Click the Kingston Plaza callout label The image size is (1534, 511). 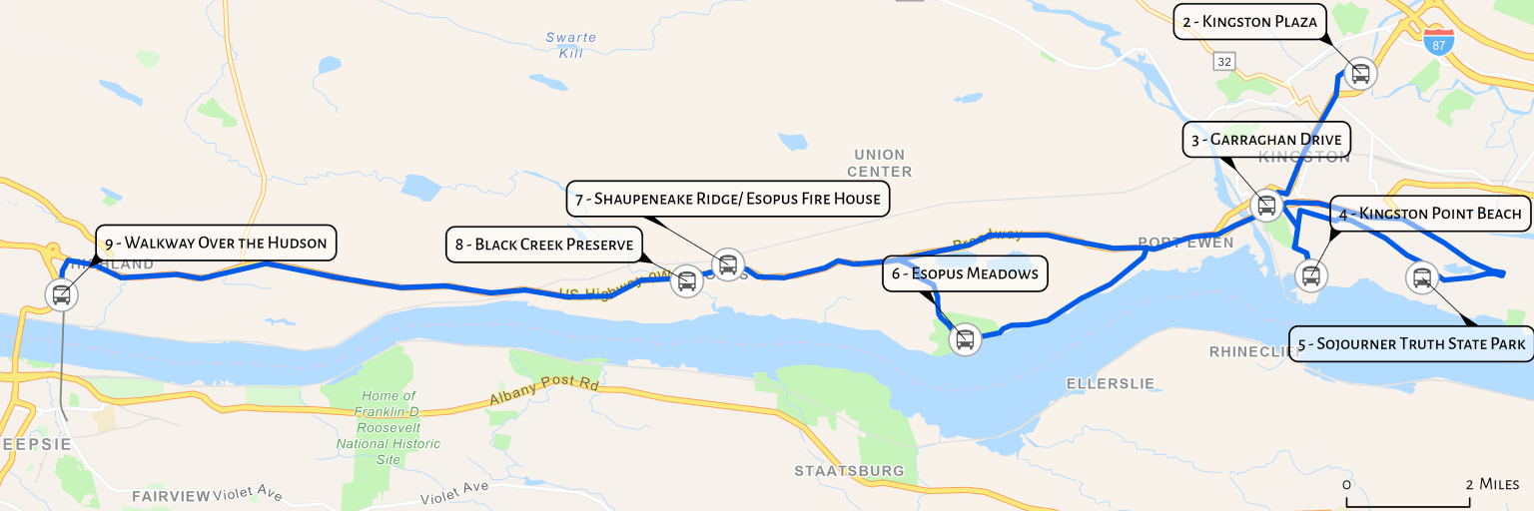(x=1249, y=21)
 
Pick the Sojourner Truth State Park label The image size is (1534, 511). (x=1411, y=344)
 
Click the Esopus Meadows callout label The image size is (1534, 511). (x=965, y=273)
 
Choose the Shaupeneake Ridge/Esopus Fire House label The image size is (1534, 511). (x=728, y=198)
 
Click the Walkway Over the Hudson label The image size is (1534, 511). (x=216, y=243)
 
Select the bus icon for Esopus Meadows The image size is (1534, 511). (x=964, y=339)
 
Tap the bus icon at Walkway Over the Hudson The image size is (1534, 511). (x=61, y=294)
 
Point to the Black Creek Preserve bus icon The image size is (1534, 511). (x=686, y=280)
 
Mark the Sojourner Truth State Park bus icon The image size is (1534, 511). (x=1421, y=277)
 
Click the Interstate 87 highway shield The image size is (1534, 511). (x=1439, y=42)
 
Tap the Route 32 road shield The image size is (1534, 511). (x=1224, y=62)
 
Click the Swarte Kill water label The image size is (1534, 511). (x=571, y=45)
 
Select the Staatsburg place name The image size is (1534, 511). (x=849, y=470)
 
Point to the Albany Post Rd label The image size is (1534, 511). (x=543, y=391)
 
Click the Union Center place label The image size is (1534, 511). (x=879, y=163)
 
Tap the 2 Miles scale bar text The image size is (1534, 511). (x=1492, y=484)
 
